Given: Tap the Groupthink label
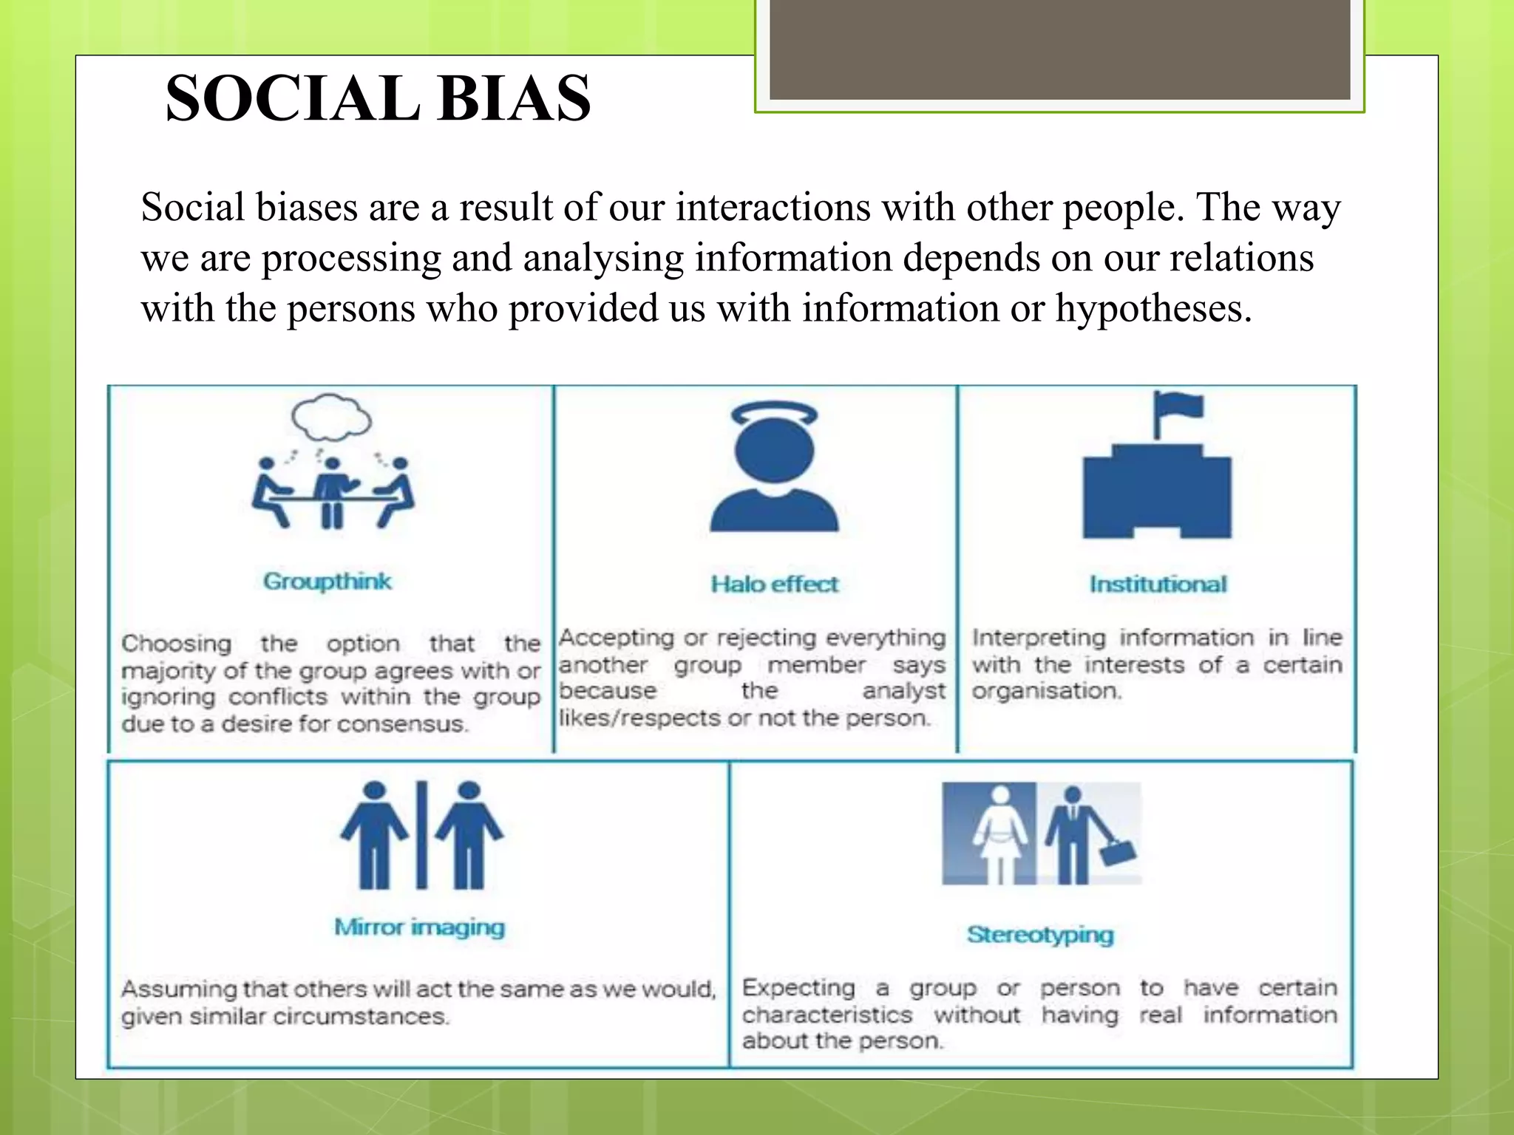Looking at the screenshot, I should pyautogui.click(x=327, y=582).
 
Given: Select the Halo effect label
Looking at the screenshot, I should pyautogui.click(x=774, y=584).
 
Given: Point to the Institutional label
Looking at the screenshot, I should pyautogui.click(x=1158, y=584).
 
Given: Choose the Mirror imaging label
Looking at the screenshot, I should pyautogui.click(x=419, y=927).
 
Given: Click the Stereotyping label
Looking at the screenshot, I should pyautogui.click(x=1040, y=935).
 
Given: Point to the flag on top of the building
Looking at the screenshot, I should pyautogui.click(x=1181, y=406).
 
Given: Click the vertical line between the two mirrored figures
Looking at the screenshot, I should pyautogui.click(x=421, y=834).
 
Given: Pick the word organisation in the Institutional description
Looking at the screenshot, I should pyautogui.click(x=1046, y=691).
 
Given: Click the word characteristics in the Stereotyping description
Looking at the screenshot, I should pyautogui.click(x=827, y=1015).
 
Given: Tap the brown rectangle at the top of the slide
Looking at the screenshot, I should pyautogui.click(x=1060, y=49).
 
